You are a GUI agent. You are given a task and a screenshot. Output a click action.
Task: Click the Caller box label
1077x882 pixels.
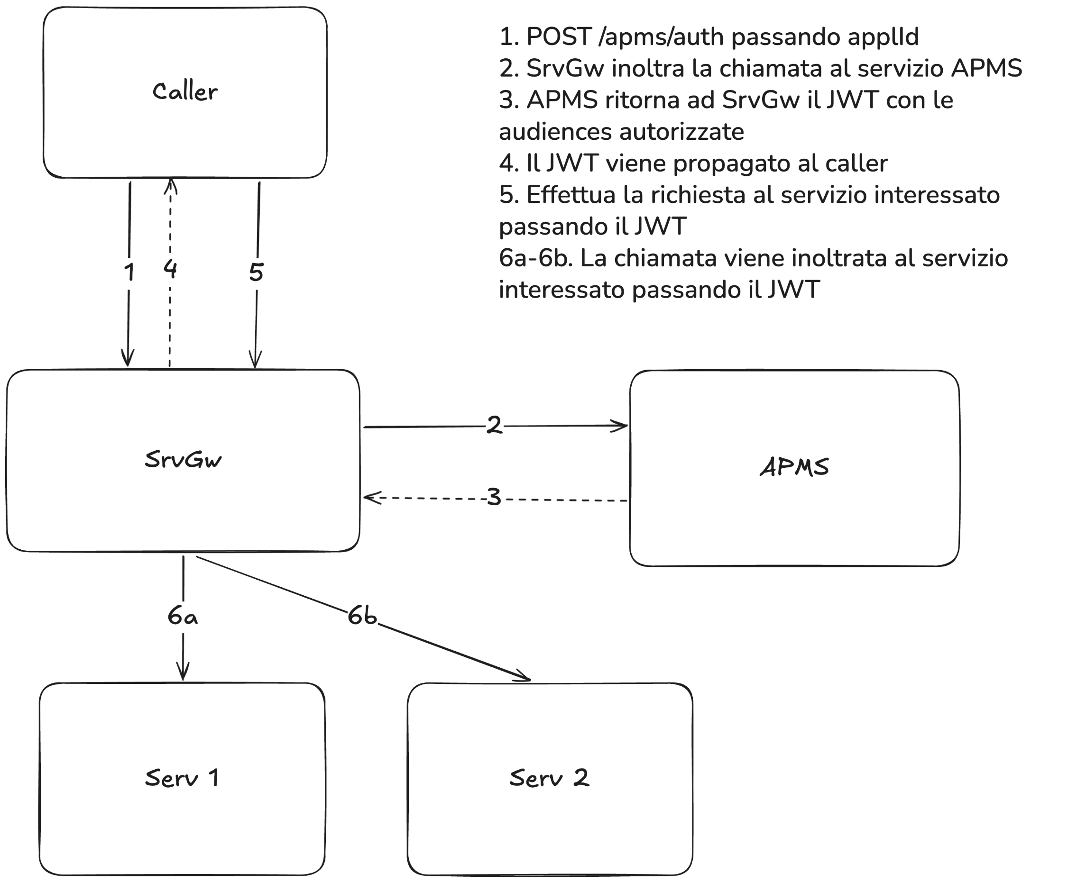[184, 92]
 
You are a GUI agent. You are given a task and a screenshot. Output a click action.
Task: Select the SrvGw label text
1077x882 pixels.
[183, 459]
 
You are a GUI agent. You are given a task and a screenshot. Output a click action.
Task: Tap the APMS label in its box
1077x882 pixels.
[794, 467]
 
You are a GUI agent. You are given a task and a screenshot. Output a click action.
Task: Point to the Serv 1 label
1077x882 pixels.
[182, 778]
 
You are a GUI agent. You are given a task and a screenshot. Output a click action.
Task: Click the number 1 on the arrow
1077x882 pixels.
[129, 273]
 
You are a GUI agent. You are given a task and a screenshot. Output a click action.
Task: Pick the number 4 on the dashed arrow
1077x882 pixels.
[170, 269]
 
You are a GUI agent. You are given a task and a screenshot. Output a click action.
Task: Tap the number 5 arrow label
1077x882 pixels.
[256, 273]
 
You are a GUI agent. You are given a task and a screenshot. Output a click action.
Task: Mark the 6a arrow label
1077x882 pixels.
[183, 616]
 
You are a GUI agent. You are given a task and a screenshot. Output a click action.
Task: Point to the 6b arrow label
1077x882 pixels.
[362, 616]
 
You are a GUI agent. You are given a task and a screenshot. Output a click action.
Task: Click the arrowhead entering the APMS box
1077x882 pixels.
[621, 425]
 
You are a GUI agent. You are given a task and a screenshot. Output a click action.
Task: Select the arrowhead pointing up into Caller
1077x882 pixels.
[171, 185]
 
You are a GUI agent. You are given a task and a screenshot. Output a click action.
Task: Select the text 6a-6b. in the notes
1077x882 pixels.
[536, 258]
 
